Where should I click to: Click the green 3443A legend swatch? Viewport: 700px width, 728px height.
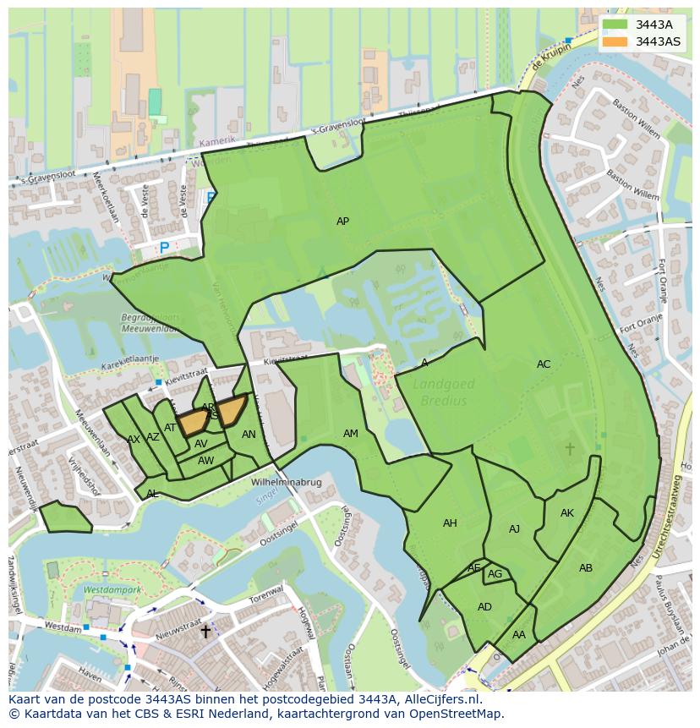(615, 25)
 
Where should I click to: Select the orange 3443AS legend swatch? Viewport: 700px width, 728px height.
(615, 41)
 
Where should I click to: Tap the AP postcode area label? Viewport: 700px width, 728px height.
(342, 222)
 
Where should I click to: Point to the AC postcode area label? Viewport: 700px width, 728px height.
(544, 364)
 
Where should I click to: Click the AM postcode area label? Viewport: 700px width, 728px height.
(350, 434)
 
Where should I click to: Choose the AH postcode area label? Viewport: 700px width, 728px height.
(450, 523)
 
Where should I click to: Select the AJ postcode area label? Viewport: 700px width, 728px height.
(514, 529)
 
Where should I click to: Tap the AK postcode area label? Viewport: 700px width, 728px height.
(567, 513)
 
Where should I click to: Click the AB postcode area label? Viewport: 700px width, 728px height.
(586, 568)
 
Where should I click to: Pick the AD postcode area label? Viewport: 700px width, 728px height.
(484, 607)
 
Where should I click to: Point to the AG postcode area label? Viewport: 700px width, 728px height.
(495, 574)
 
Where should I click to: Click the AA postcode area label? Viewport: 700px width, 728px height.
(519, 635)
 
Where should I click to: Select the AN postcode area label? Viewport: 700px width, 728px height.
(249, 435)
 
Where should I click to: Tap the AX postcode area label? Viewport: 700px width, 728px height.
(134, 440)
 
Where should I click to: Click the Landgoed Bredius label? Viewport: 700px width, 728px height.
(444, 392)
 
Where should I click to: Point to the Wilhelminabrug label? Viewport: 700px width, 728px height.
(287, 483)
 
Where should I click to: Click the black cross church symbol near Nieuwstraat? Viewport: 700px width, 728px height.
(205, 632)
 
